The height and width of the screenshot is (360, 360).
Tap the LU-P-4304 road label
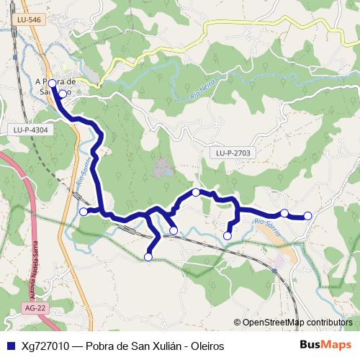click(30, 130)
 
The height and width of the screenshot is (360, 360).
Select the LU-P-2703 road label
click(232, 153)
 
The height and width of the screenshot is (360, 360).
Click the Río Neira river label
click(204, 91)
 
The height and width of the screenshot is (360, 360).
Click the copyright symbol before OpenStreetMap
click(237, 322)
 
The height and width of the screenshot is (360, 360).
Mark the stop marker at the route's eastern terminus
click(308, 215)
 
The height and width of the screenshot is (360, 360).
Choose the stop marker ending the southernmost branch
click(148, 256)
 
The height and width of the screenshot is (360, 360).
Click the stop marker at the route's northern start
click(52, 84)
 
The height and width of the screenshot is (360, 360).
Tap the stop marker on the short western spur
click(84, 211)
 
